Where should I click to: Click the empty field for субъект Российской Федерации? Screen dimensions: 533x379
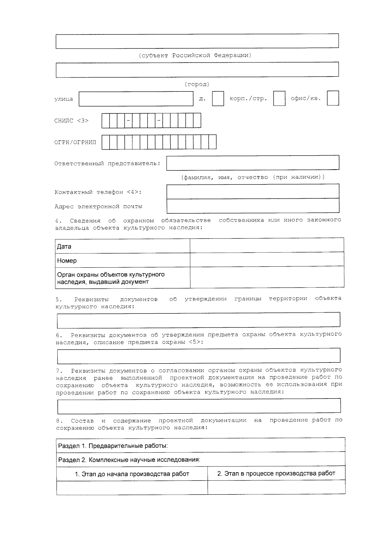tap(197, 41)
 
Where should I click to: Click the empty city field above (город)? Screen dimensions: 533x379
tap(197, 70)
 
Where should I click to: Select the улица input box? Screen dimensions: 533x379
tap(136, 99)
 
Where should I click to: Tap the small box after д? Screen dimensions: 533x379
tap(218, 98)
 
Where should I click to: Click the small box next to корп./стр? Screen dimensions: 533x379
tap(279, 98)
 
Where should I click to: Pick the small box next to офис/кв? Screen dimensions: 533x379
tap(333, 98)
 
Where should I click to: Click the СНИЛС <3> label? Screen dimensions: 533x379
tap(71, 121)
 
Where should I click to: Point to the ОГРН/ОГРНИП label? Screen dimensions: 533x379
tap(75, 142)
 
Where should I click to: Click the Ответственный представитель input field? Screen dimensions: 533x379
tap(253, 163)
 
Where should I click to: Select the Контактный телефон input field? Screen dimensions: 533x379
tap(253, 191)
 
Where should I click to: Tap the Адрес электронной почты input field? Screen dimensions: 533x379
tap(253, 206)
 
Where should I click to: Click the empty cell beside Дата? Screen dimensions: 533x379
tap(267, 245)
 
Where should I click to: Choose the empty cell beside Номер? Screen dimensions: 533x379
tap(267, 259)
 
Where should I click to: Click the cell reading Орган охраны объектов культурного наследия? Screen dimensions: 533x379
tap(123, 278)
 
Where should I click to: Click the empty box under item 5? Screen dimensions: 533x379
tap(198, 320)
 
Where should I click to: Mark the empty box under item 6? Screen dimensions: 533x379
tap(198, 356)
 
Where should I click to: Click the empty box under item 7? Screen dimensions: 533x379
tap(199, 406)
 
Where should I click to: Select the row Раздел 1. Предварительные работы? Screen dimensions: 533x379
tap(201, 446)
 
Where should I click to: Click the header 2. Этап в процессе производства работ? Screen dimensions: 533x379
tap(276, 474)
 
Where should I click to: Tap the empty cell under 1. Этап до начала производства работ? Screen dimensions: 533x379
tap(132, 487)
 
